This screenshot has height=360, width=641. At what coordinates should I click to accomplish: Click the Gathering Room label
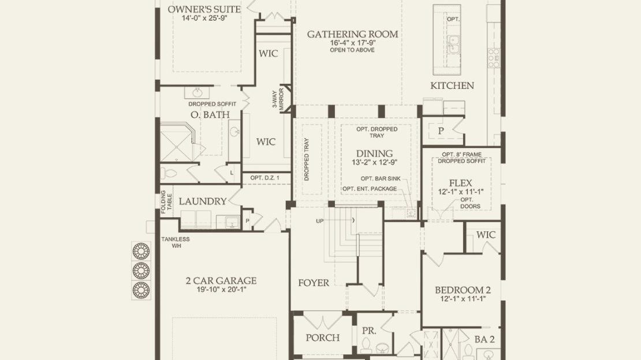click(352, 34)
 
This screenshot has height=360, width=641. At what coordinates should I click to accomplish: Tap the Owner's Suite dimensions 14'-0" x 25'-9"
click(204, 18)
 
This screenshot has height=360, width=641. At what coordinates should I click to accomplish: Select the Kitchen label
click(452, 86)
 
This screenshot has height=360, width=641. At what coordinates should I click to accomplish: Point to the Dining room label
click(374, 153)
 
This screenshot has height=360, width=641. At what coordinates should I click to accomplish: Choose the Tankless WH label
click(176, 242)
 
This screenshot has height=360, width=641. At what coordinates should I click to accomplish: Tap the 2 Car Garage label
click(221, 281)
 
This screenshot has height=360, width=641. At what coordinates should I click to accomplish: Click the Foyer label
click(314, 283)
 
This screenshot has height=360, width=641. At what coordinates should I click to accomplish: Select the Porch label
click(323, 337)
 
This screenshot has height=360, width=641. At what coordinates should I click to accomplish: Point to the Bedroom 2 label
click(463, 290)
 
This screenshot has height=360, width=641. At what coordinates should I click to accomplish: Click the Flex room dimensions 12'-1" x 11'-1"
click(461, 191)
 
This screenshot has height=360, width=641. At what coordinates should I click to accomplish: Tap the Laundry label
click(202, 201)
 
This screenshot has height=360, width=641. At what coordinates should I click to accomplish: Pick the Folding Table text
click(166, 202)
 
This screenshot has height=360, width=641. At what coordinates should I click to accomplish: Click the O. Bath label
click(210, 114)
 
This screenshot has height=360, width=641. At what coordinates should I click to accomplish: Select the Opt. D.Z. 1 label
click(265, 178)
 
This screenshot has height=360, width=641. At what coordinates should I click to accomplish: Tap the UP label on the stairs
click(320, 221)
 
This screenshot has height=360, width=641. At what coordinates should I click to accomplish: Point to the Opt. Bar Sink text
click(381, 179)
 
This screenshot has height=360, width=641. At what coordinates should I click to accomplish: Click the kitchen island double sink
click(453, 44)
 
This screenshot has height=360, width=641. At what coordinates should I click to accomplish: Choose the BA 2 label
click(485, 339)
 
